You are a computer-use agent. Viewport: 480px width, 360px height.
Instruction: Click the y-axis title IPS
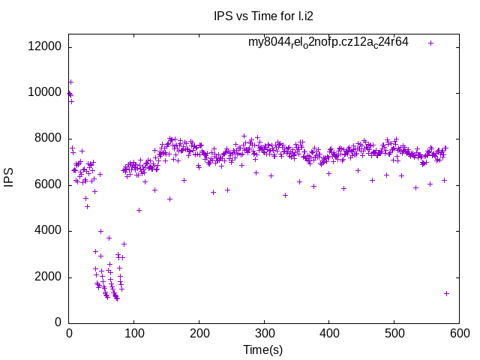click(x=9, y=172)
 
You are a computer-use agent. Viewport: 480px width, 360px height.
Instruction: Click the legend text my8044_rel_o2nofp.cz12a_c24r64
click(x=328, y=42)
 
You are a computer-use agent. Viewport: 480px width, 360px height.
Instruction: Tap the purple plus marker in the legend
click(x=431, y=43)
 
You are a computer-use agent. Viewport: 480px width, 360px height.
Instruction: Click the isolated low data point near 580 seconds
click(x=446, y=293)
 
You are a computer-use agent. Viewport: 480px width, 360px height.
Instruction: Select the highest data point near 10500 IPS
click(x=70, y=82)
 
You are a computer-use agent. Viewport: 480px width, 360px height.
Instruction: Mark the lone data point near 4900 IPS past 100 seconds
click(x=139, y=210)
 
